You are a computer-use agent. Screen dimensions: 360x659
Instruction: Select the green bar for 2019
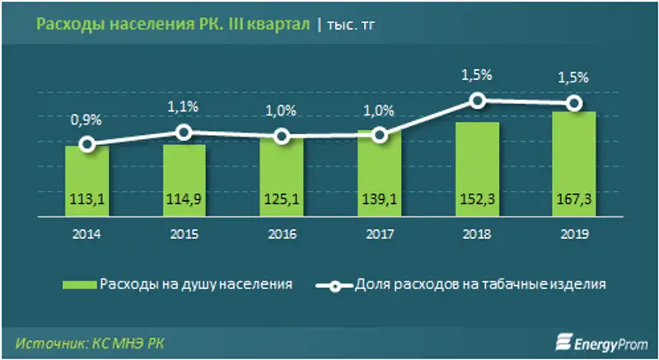tap(574, 165)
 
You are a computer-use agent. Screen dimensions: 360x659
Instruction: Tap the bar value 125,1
tap(282, 200)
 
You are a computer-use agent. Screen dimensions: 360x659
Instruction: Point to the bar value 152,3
tap(476, 200)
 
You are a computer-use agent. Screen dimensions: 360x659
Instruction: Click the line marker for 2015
tap(185, 132)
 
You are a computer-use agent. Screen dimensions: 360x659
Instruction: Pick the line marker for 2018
tap(477, 101)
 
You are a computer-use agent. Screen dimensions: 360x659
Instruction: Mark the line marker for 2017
tap(379, 135)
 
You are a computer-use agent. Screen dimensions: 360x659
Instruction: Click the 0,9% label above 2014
tap(86, 119)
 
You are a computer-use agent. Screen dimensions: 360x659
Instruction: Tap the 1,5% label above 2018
tap(476, 75)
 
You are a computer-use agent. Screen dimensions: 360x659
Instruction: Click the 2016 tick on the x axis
tap(282, 234)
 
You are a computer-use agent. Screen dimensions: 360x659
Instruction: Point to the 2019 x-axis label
tap(573, 234)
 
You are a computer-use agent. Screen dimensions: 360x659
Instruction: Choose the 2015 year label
tap(184, 234)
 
